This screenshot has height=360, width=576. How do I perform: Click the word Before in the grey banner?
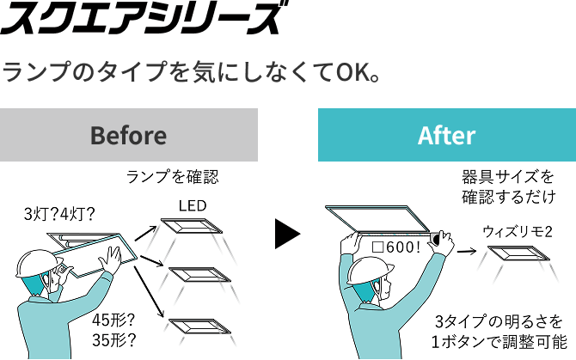(129, 136)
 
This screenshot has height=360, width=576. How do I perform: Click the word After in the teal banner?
(447, 136)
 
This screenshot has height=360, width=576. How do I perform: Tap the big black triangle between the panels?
(288, 234)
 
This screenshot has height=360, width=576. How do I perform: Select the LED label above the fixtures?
(193, 205)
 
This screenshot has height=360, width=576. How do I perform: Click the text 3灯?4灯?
(59, 214)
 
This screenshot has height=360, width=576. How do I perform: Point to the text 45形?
(113, 320)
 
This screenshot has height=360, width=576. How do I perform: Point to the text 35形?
(113, 340)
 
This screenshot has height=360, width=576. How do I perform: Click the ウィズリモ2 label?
(518, 232)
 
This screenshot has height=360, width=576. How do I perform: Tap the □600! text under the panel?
(396, 247)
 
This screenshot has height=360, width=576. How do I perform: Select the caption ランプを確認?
(172, 177)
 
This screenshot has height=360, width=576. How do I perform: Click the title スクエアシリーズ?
(144, 18)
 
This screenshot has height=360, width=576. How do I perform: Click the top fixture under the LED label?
(192, 226)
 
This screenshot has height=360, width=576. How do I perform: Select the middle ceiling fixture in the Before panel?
(199, 274)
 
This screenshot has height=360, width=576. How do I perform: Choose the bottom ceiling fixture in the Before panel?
(199, 326)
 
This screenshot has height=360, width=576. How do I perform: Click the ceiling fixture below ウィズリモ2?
(518, 253)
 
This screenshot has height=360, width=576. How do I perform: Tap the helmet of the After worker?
(370, 271)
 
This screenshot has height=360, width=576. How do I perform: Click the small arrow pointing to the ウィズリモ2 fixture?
(467, 252)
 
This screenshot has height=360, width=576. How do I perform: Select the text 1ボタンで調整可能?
(499, 342)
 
